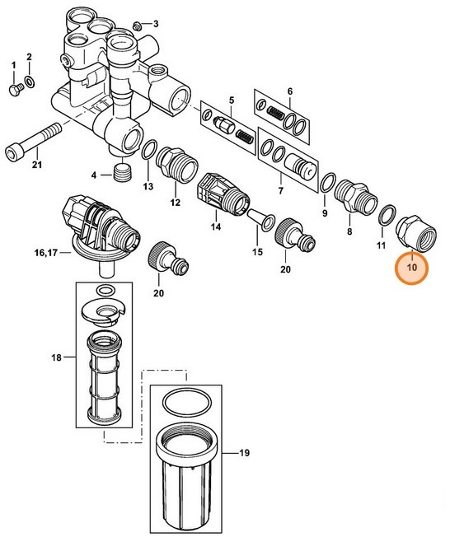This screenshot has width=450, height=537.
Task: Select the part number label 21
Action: (x=35, y=166)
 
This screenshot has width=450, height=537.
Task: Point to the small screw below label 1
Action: (x=14, y=88)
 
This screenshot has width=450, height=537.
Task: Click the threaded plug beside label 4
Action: (x=123, y=175)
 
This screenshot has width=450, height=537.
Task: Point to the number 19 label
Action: (x=245, y=453)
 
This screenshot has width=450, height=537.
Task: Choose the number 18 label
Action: (x=56, y=357)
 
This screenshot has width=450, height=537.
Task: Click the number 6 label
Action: (x=289, y=90)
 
